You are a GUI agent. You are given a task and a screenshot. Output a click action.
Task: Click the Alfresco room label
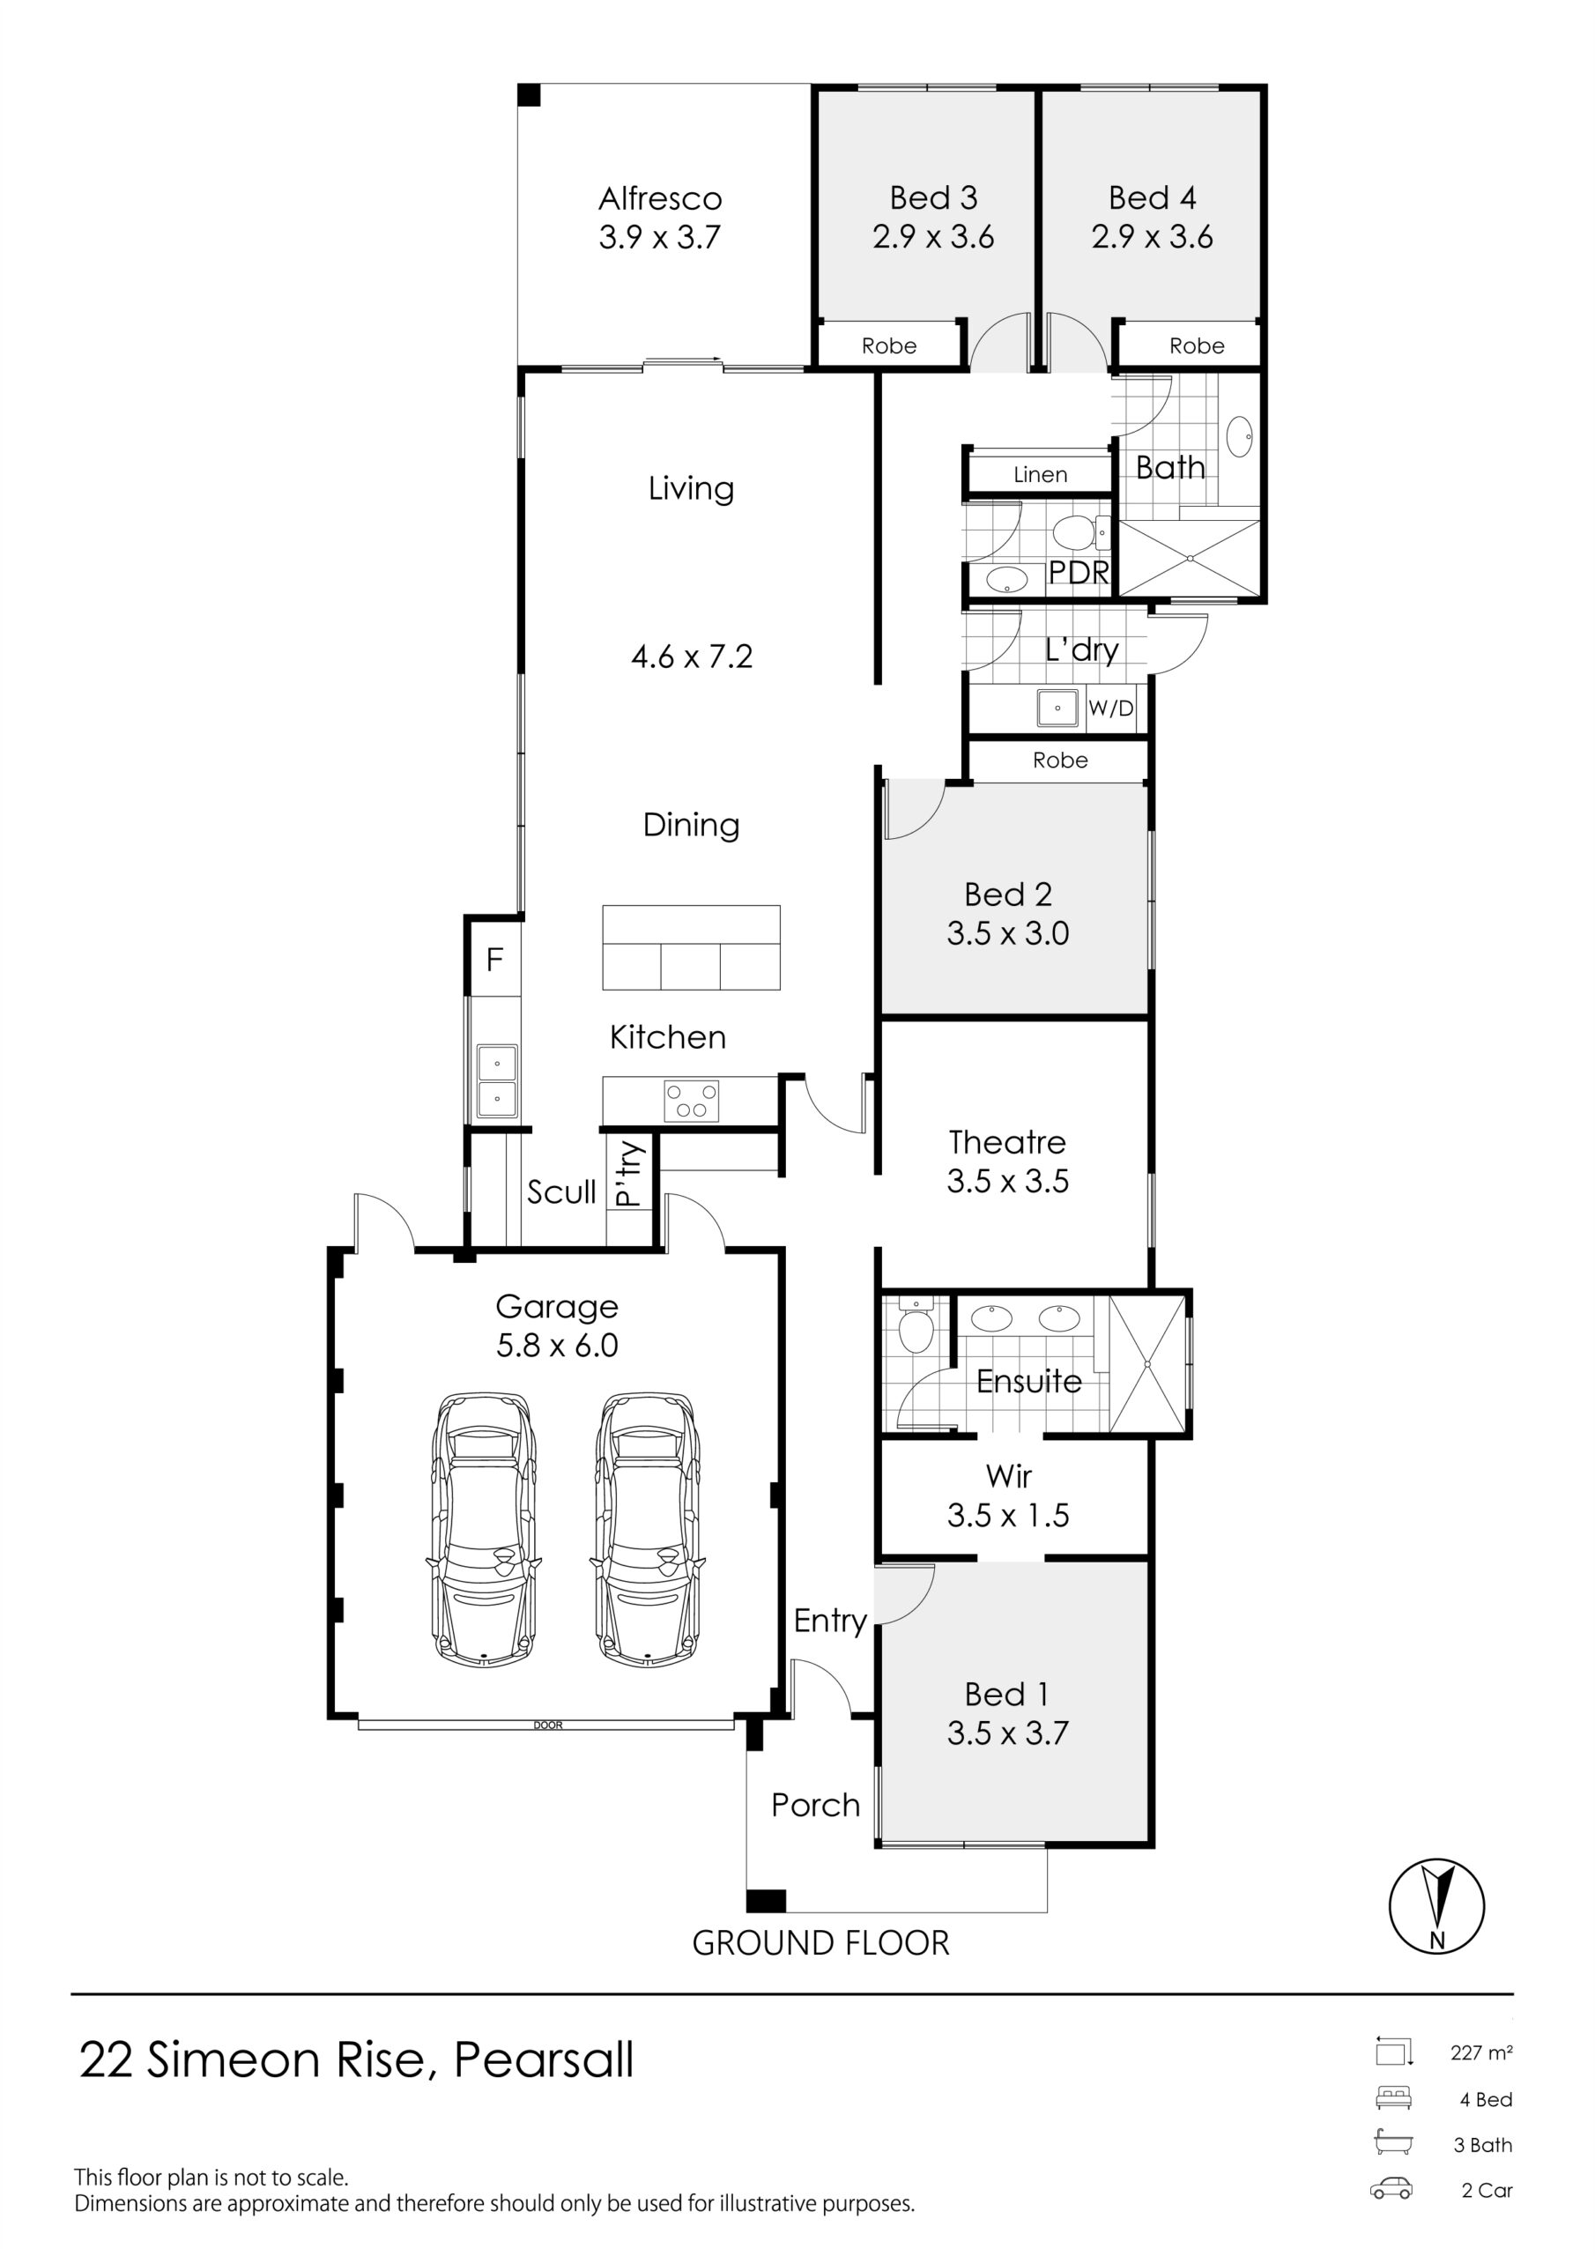660,198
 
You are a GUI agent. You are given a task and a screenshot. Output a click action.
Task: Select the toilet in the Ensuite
915,1326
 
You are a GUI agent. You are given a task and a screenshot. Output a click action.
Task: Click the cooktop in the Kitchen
692,1101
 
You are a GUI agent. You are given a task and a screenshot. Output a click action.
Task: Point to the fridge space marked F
494,958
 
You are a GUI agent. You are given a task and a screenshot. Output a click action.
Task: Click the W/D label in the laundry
1110,708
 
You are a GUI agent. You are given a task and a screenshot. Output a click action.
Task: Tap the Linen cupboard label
1040,475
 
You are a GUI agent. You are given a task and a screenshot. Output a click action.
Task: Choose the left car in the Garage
484,1529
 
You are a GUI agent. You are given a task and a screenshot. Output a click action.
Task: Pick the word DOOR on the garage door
547,1725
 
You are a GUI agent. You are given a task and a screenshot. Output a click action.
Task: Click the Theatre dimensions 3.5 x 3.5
1007,1181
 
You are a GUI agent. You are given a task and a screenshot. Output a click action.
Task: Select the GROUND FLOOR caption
820,1942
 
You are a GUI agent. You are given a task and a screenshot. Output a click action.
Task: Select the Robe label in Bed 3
888,345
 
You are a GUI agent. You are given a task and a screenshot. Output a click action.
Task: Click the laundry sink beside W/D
1057,708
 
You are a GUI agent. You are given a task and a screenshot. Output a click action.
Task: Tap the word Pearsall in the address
544,2060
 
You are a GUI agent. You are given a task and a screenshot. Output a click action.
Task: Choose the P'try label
628,1173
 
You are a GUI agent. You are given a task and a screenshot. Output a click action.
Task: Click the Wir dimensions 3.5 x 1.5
1007,1515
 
